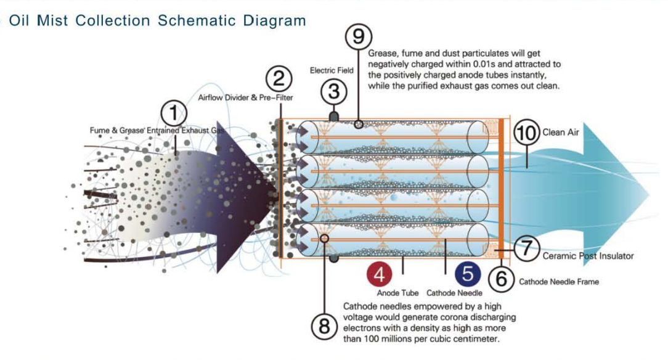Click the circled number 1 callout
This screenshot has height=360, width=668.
tap(174, 113)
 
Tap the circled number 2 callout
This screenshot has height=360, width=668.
tap(279, 79)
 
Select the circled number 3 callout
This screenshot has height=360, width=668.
tap(334, 92)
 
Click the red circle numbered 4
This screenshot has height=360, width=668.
tap(379, 275)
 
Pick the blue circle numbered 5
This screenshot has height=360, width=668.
tap(468, 274)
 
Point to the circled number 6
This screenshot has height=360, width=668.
tap(502, 279)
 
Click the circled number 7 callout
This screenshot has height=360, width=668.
tap(527, 248)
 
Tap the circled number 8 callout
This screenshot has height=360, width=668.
tap(325, 327)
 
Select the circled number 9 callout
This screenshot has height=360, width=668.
tap(358, 36)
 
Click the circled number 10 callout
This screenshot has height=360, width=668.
tap(526, 133)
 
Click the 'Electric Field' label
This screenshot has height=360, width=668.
tap(332, 70)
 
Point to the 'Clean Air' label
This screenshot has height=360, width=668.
tap(561, 133)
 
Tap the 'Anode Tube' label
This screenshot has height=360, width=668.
tap(397, 293)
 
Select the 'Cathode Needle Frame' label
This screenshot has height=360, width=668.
tap(559, 282)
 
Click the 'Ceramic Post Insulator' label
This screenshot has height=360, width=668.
tap(588, 256)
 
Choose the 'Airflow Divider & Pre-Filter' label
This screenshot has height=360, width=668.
tap(245, 97)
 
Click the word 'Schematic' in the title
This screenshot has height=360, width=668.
tap(197, 20)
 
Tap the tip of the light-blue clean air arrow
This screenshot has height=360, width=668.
tap(649, 195)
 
